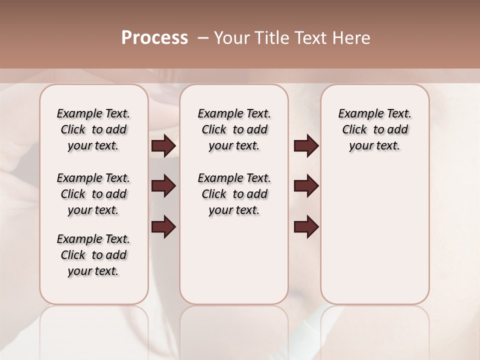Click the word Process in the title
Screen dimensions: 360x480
[x=154, y=38]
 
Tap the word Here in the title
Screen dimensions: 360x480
[x=351, y=38]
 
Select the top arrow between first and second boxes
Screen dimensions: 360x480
[x=163, y=145]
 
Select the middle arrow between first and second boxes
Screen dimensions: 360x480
[x=163, y=186]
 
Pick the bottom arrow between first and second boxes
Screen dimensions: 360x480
[x=163, y=226]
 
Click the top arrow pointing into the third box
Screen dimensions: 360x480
[x=306, y=145]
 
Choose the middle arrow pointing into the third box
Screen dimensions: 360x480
[x=306, y=186]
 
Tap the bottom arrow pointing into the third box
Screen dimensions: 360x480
[x=306, y=226]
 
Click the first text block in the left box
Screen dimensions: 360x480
[x=93, y=129]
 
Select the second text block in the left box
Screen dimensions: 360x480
[x=93, y=194]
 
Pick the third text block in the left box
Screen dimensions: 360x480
[x=93, y=255]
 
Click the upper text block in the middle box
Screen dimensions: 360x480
[x=234, y=129]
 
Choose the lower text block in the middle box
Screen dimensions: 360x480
[x=234, y=194]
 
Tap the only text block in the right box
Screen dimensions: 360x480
[x=374, y=129]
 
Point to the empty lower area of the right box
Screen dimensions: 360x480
[x=374, y=235]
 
